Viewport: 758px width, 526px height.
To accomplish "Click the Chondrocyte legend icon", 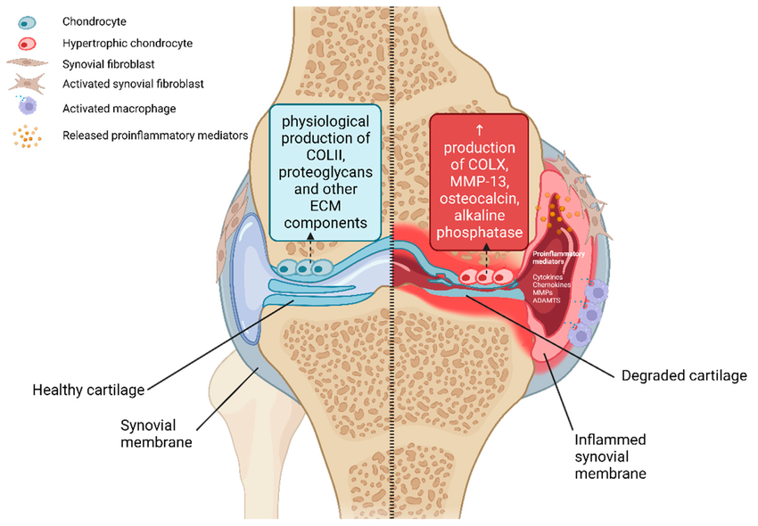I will [x=28, y=20].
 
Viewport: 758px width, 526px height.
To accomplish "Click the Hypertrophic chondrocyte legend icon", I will [x=28, y=42].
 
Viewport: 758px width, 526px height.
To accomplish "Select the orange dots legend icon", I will [x=28, y=136].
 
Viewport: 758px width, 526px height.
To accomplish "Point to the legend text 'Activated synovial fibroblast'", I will [x=133, y=84].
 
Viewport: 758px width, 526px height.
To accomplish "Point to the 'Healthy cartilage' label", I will [x=88, y=390].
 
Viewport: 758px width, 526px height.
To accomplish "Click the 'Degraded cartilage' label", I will [x=682, y=375].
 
